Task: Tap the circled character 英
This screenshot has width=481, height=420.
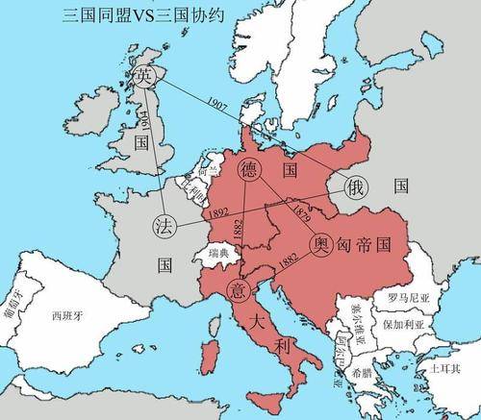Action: pyautogui.click(x=144, y=76)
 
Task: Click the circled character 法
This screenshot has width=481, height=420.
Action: pyautogui.click(x=163, y=227)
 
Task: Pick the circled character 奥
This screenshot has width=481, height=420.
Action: pyautogui.click(x=321, y=244)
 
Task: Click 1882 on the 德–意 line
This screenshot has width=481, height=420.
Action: pyautogui.click(x=240, y=230)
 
